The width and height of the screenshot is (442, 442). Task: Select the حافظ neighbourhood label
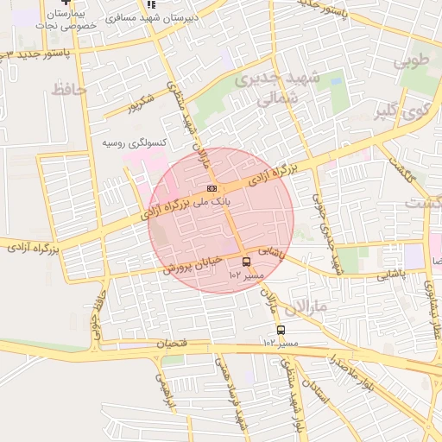tap(69, 89)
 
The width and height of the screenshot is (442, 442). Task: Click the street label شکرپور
tap(143, 103)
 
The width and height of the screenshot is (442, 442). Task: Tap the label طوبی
tap(410, 62)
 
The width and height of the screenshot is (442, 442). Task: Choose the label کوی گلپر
tap(402, 112)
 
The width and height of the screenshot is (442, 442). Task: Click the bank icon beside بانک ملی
tap(212, 188)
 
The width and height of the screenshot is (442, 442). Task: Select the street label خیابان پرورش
tap(194, 263)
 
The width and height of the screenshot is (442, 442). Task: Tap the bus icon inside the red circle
tap(246, 261)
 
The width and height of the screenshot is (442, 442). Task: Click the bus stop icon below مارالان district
tap(280, 330)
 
